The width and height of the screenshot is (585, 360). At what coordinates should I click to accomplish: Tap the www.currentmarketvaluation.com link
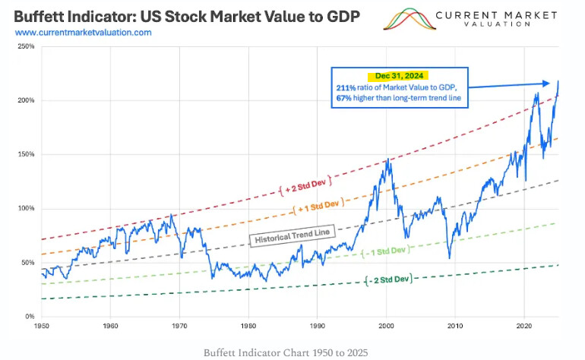[x=83, y=33]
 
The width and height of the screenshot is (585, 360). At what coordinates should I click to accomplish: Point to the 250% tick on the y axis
[x=25, y=47]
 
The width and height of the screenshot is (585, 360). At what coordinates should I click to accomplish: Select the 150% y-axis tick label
[x=25, y=155]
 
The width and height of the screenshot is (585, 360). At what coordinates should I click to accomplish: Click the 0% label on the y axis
[x=28, y=317]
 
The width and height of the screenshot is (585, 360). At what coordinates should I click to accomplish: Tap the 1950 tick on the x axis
[x=42, y=325]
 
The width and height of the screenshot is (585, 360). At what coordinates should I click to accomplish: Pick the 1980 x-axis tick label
[x=248, y=325]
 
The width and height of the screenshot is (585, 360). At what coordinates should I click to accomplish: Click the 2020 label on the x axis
[x=523, y=325]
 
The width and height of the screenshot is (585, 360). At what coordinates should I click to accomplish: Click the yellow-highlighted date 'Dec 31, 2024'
[x=397, y=76]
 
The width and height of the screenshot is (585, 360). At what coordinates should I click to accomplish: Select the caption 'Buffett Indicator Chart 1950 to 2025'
[x=291, y=352]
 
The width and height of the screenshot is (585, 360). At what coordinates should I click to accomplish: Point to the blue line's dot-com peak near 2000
[x=388, y=159]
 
